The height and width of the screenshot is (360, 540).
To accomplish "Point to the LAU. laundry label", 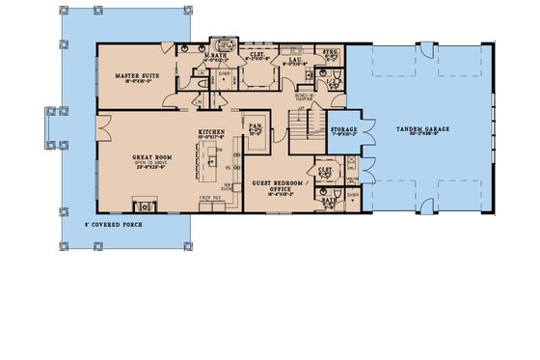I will click(297, 59).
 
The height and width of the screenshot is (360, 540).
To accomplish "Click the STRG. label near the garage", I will click(332, 54).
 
